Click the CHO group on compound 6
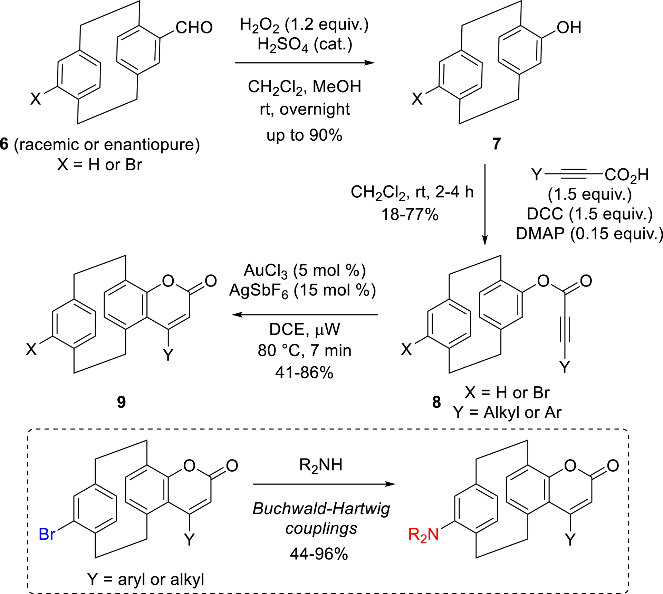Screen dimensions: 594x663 coord(194,28)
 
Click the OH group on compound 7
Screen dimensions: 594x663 coord(569,28)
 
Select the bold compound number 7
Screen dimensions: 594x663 coord(497,144)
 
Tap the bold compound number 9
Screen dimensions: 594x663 coord(121,402)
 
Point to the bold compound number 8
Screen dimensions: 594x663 coord(436,402)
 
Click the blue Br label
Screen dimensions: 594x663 coord(47,534)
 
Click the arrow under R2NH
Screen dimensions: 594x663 coord(324,484)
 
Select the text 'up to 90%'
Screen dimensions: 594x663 coord(304,135)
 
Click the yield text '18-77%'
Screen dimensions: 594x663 coord(410,215)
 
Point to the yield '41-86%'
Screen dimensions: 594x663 coord(304,373)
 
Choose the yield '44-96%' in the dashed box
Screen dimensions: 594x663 coord(319,554)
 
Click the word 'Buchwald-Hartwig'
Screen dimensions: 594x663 coord(321,509)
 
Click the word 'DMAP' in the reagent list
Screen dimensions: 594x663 coord(540,234)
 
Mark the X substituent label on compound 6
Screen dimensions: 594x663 coord(36,99)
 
